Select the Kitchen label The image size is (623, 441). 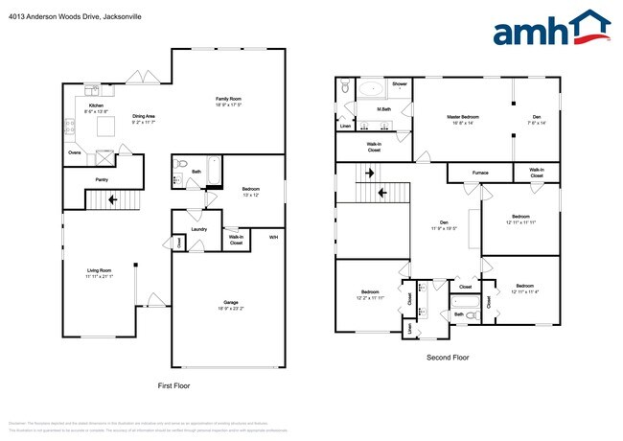click(96, 105)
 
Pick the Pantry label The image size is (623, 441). click(101, 178)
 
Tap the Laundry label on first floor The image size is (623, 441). click(199, 229)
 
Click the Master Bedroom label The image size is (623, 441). click(463, 117)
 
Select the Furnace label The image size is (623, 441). click(480, 173)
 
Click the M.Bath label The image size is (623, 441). click(383, 108)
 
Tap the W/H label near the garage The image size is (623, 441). click(273, 237)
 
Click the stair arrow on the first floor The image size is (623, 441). click(113, 200)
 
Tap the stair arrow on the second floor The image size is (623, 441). click(383, 192)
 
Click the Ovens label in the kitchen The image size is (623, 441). click(74, 151)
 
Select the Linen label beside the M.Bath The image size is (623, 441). click(346, 126)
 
